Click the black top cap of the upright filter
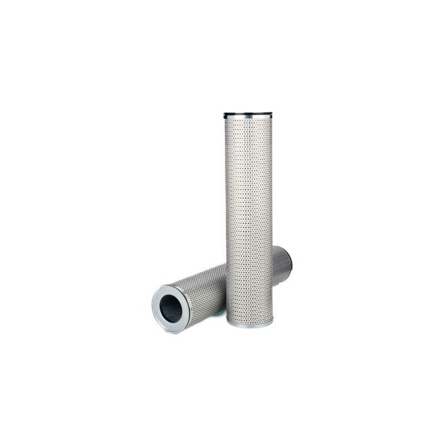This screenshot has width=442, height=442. (248, 115)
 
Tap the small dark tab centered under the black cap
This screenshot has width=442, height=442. (248, 118)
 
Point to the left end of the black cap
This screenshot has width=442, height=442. (225, 116)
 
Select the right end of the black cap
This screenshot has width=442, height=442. (271, 115)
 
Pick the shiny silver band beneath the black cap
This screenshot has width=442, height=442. (248, 119)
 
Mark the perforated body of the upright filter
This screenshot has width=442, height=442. (249, 215)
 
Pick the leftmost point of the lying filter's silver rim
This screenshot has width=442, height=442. (152, 303)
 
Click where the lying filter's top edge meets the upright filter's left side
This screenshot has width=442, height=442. (226, 265)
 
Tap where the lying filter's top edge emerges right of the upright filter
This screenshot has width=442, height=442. (273, 248)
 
